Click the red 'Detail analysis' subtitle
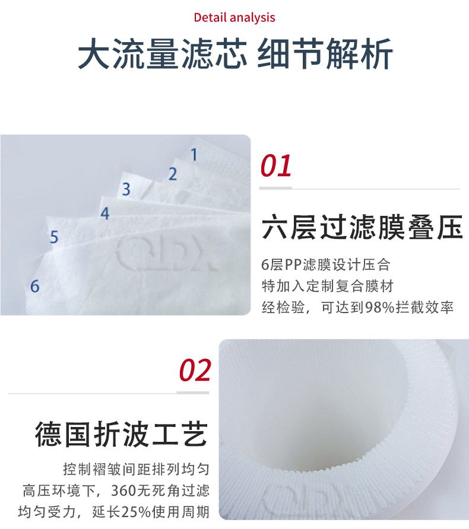point(235,17)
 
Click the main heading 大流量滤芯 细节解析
point(235,54)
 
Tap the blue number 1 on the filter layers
point(193,155)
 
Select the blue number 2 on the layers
point(173,174)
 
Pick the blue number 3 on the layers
point(126,190)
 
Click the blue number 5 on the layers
point(54,238)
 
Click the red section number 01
point(276,166)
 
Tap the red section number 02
point(195,371)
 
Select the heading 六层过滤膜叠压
point(362,228)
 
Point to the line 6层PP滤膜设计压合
point(325,264)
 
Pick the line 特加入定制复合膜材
point(328,286)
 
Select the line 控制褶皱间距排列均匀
point(136,470)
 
